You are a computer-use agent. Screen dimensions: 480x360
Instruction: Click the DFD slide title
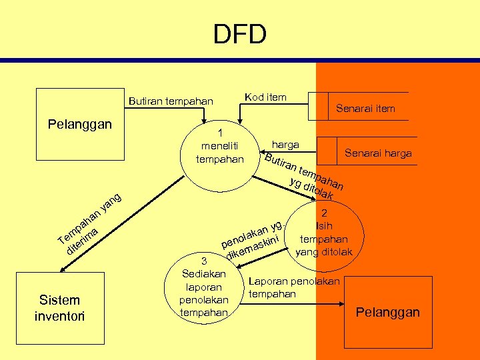tap(240, 34)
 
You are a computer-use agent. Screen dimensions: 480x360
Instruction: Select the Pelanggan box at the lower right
tap(387, 312)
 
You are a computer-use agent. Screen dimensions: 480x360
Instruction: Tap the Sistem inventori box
tap(59, 308)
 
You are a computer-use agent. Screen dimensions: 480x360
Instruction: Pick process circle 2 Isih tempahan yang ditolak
tap(324, 233)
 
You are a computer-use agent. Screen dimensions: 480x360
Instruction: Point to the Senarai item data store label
tap(365, 108)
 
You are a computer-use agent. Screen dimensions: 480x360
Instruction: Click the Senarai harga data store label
tap(378, 153)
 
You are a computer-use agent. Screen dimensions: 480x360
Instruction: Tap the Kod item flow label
tap(265, 97)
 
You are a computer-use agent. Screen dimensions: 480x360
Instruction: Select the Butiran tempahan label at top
tap(171, 101)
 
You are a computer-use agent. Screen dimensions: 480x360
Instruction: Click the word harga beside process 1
tap(285, 144)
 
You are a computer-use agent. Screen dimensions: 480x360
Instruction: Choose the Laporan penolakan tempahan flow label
tap(294, 287)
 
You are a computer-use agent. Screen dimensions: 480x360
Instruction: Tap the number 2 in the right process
tap(324, 214)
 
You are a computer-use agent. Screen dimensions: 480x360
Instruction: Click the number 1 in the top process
tap(220, 132)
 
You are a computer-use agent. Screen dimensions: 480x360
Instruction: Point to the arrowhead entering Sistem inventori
tap(62, 270)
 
